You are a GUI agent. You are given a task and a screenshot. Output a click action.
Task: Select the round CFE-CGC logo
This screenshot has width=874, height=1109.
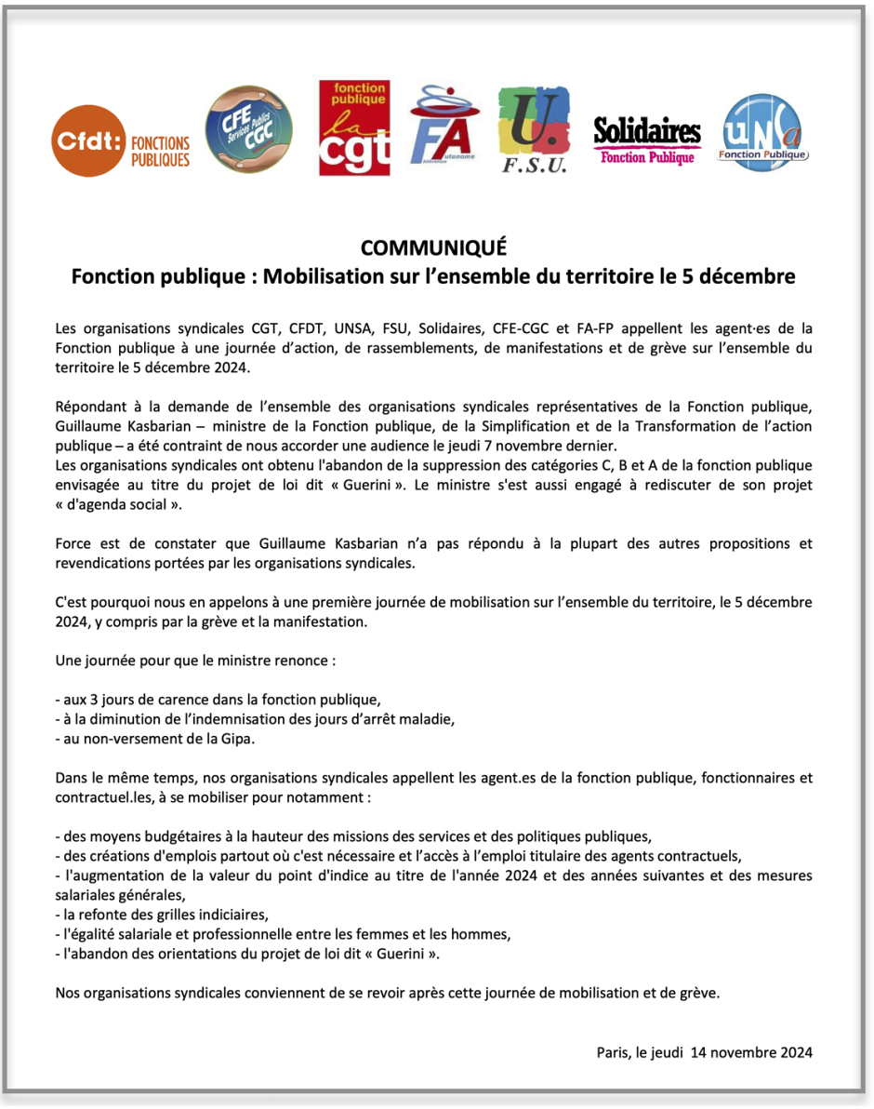coord(248,129)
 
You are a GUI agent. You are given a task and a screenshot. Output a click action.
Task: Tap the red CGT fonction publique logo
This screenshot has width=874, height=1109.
coord(354,128)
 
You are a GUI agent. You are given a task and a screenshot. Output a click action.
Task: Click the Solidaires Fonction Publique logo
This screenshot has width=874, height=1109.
coord(647,140)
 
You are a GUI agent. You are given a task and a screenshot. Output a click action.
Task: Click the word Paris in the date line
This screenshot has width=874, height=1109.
coord(614,1052)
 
